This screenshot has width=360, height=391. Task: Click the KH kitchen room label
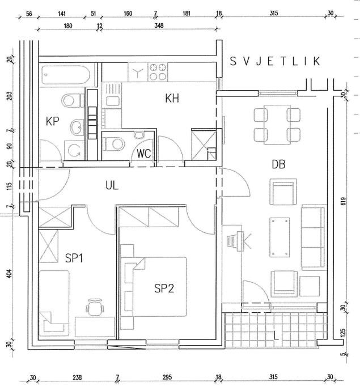pyautogui.click(x=172, y=98)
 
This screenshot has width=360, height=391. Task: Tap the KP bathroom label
pyautogui.click(x=53, y=121)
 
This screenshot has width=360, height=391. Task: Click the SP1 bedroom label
pyautogui.click(x=74, y=258)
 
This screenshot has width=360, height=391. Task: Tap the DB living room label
pyautogui.click(x=278, y=165)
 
